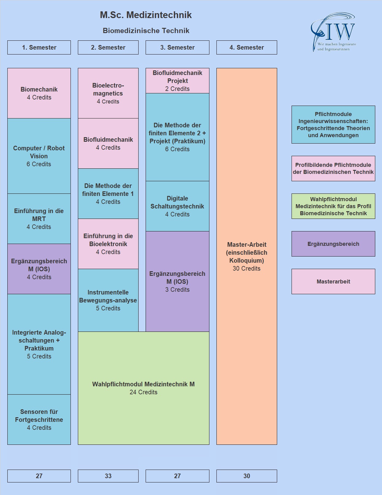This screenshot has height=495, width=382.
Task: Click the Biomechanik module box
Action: click(39, 93)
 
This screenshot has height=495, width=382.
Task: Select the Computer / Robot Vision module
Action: click(39, 156)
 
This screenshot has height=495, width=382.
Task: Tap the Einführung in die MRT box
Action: click(39, 219)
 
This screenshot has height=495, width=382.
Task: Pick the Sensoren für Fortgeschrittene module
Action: click(39, 419)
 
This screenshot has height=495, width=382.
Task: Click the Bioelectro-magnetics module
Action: click(108, 93)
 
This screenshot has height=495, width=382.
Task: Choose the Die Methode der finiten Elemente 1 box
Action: click(108, 193)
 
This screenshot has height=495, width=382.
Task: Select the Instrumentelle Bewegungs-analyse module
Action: click(108, 300)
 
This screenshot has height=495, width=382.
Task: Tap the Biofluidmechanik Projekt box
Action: click(177, 81)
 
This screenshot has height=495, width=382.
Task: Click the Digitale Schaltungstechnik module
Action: click(177, 206)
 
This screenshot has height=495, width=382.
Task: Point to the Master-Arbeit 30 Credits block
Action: click(246, 256)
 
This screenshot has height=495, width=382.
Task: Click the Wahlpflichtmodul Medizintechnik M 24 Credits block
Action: click(143, 388)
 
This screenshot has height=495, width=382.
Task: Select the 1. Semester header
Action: click(39, 47)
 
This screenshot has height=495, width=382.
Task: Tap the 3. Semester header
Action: click(177, 47)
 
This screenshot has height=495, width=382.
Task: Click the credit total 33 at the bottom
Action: click(108, 476)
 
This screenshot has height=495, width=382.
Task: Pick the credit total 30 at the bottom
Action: click(246, 476)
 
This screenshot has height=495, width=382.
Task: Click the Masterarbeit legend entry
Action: click(333, 281)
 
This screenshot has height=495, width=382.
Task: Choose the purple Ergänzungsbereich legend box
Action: click(333, 244)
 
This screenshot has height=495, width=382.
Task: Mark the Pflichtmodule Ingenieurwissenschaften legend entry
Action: click(333, 125)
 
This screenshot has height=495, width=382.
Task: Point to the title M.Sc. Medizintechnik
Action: click(146, 15)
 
